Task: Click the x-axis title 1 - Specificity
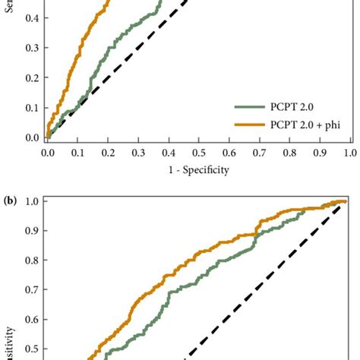(198, 170)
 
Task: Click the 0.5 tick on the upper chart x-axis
(198, 153)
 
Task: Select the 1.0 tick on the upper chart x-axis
(349, 153)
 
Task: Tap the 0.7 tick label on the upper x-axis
(258, 153)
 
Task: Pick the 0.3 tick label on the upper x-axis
(137, 153)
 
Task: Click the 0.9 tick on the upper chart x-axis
(319, 153)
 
